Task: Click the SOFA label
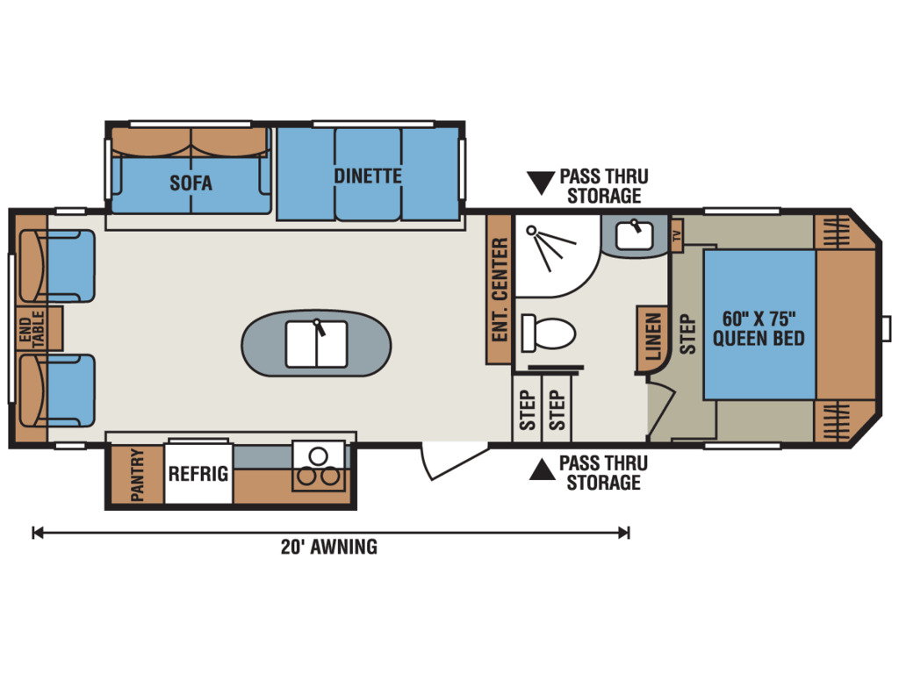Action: pyautogui.click(x=191, y=183)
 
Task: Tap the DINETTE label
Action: pyautogui.click(x=368, y=176)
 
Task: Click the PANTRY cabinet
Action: pyautogui.click(x=137, y=475)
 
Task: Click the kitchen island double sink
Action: pyautogui.click(x=316, y=344)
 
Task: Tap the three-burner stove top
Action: pyautogui.click(x=318, y=466)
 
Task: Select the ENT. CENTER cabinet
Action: pyautogui.click(x=499, y=290)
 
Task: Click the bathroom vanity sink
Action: pyautogui.click(x=634, y=234)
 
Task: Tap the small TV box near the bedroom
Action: pyautogui.click(x=677, y=235)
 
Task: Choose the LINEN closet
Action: pyautogui.click(x=652, y=338)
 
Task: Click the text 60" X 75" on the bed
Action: pyautogui.click(x=759, y=319)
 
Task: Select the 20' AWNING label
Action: pyautogui.click(x=329, y=547)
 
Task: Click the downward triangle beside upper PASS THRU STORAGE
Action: pyautogui.click(x=541, y=183)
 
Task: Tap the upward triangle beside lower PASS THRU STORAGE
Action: pyautogui.click(x=542, y=470)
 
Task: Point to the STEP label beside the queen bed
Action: pyautogui.click(x=687, y=334)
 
